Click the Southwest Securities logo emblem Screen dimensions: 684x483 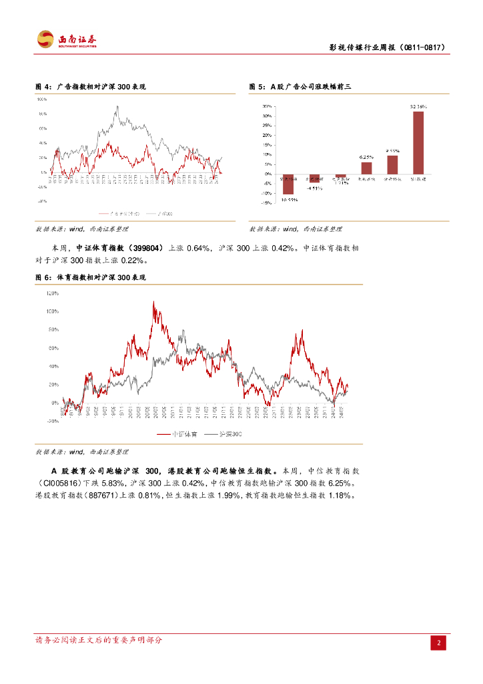[x=45, y=39]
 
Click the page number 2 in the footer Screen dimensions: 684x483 [x=439, y=643]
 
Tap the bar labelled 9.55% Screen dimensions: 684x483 [x=392, y=164]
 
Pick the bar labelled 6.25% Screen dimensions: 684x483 [x=366, y=168]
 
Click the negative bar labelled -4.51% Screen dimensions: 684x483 [x=314, y=178]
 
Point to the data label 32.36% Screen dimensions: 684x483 [x=418, y=106]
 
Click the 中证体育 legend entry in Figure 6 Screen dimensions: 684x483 [x=175, y=434]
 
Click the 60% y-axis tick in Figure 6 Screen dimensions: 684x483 [x=53, y=348]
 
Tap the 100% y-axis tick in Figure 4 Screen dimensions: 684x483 [x=42, y=99]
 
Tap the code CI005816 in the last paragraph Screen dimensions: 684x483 [x=61, y=482]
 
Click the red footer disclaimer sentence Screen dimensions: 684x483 [x=99, y=640]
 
